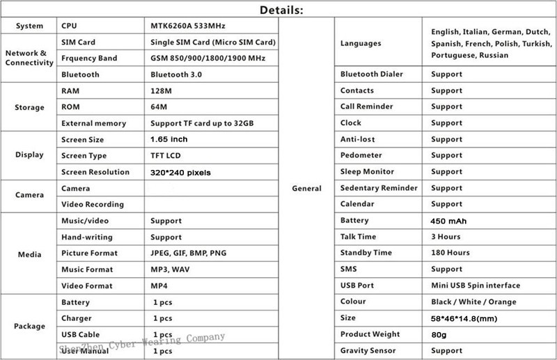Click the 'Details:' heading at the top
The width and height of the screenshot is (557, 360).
point(281,10)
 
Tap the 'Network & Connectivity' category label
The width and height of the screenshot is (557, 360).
point(29,58)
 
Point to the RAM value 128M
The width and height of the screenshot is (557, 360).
point(160,91)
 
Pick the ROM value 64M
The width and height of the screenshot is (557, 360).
point(158,107)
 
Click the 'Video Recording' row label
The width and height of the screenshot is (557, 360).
point(93,205)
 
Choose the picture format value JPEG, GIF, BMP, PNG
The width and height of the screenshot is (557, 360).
point(188,253)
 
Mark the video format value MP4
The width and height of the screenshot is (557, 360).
point(159,285)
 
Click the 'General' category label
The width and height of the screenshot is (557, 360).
point(307,188)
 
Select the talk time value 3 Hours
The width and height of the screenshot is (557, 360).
point(446,237)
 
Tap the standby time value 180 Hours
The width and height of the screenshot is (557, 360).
point(450,253)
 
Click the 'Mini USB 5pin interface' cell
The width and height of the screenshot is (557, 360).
point(476,285)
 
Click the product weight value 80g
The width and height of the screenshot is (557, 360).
point(439,334)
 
